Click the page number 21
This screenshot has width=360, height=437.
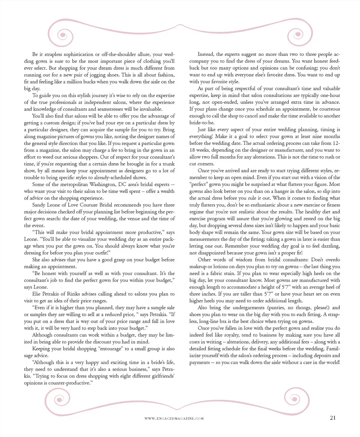333,418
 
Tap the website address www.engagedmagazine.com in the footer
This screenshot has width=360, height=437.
174,419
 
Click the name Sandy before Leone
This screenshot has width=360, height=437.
39,205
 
